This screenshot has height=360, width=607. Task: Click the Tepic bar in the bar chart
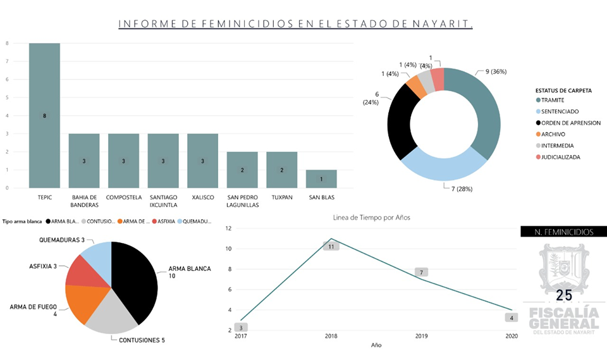click(44, 115)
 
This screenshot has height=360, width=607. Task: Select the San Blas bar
click(321, 179)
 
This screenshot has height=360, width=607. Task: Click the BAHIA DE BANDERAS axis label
click(84, 201)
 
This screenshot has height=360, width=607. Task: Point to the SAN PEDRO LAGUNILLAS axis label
click(242, 201)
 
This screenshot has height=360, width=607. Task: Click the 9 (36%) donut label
click(496, 71)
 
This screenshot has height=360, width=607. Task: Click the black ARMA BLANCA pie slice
click(135, 278)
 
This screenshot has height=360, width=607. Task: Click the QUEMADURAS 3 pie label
click(62, 240)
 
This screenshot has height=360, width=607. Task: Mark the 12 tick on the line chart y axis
click(229, 228)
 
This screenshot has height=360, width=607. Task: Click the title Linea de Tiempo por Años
click(372, 218)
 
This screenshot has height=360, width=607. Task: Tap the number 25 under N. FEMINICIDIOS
click(563, 296)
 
